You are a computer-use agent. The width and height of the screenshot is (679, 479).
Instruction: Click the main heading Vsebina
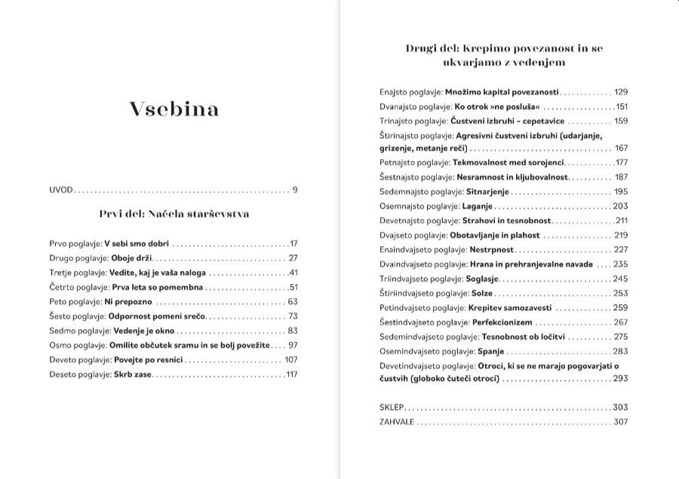click(x=174, y=110)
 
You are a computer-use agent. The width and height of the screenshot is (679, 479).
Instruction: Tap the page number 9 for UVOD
click(x=296, y=190)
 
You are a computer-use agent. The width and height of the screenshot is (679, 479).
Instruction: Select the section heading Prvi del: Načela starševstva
click(x=174, y=214)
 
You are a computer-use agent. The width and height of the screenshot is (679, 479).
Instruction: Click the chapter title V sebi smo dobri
click(x=137, y=244)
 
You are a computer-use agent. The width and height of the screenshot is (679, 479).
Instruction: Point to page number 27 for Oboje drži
click(x=293, y=258)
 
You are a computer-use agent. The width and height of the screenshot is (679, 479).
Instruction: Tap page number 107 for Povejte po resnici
click(x=291, y=359)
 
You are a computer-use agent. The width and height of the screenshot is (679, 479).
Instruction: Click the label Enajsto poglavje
click(x=410, y=92)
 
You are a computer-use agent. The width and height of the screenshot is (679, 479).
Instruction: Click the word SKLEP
click(x=392, y=407)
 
